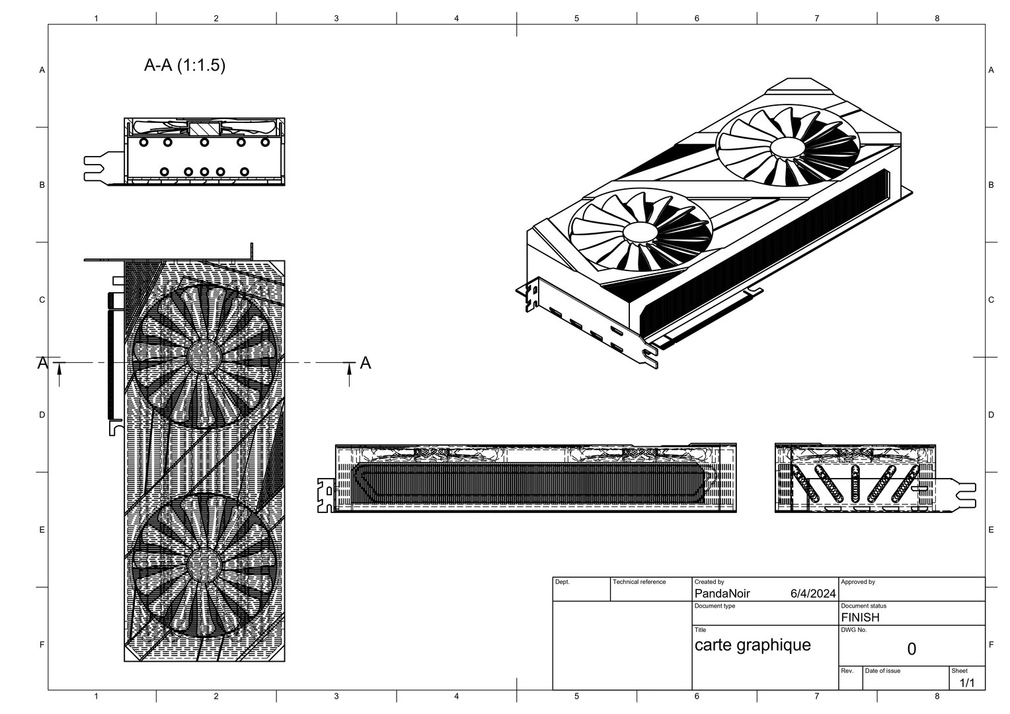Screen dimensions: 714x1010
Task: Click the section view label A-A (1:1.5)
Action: [x=184, y=65]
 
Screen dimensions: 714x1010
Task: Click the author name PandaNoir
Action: [x=722, y=594]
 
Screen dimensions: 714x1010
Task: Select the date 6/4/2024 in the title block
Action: [x=812, y=594]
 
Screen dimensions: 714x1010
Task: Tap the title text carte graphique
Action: [x=752, y=645]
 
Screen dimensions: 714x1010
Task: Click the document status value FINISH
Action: [x=860, y=617]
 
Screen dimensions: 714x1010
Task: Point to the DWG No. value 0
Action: [x=911, y=649]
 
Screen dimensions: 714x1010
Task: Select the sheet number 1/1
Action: [x=966, y=682]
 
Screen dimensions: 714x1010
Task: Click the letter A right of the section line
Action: [x=365, y=363]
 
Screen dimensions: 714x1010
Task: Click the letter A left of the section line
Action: [x=42, y=363]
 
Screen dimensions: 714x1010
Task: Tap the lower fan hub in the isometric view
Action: [x=639, y=232]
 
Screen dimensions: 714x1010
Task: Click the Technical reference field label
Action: [x=639, y=582]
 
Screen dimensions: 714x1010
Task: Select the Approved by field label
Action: [x=857, y=582]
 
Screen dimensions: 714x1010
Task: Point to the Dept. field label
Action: [x=562, y=582]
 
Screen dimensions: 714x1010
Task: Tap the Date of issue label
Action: [x=882, y=670]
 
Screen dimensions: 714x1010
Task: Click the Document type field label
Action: [x=715, y=606]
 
